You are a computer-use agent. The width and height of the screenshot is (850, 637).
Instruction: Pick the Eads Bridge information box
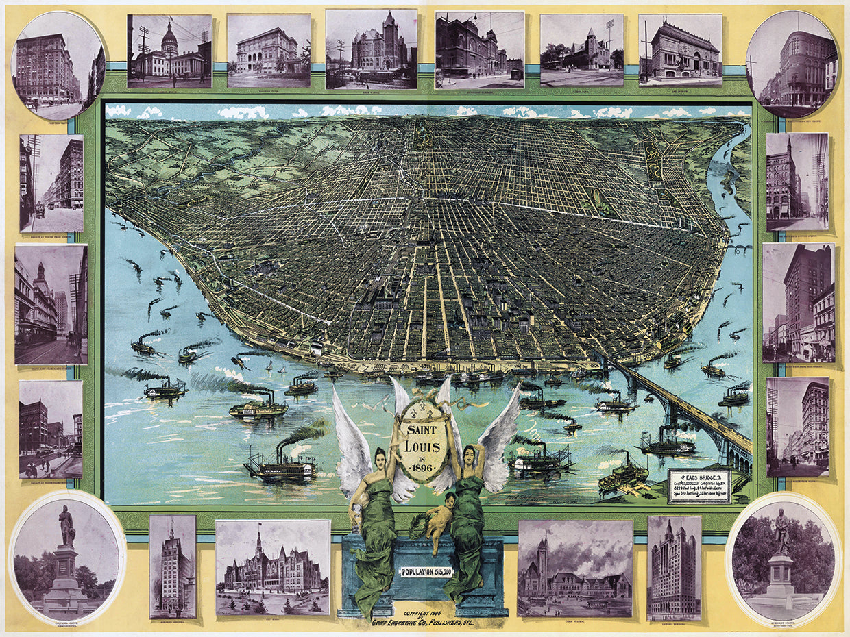tap(700, 485)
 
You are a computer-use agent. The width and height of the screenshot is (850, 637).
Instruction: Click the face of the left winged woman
tap(378, 458)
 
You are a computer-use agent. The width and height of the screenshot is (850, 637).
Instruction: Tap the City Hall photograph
tap(272, 567)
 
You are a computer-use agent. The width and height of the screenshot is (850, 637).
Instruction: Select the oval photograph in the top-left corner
tap(58, 65)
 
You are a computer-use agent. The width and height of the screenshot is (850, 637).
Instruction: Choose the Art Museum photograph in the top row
tap(680, 50)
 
